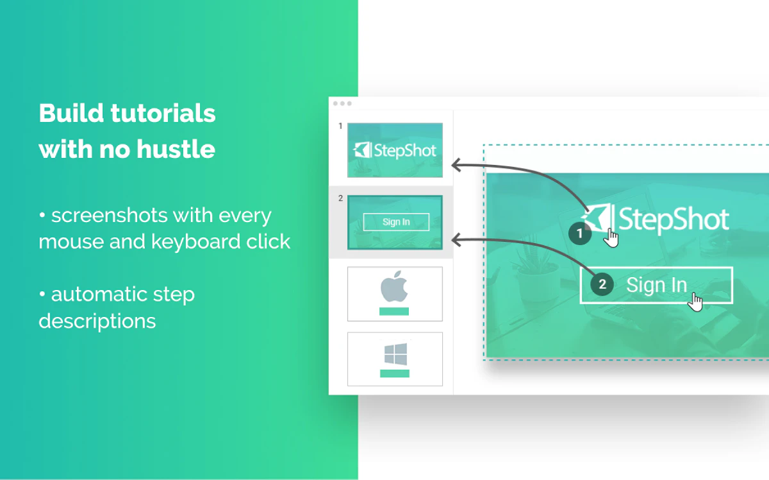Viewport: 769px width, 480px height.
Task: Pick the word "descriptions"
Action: (97, 320)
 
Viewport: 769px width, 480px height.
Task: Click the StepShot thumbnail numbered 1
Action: (395, 150)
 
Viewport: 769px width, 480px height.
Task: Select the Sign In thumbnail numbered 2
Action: (395, 222)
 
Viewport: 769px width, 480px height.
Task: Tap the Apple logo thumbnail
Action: (395, 293)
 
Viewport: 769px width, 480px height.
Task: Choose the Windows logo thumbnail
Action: (395, 359)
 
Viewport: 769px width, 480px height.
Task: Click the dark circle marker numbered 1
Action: (580, 234)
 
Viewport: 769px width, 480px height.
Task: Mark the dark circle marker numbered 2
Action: (602, 285)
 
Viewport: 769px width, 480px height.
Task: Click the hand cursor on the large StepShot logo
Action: (612, 238)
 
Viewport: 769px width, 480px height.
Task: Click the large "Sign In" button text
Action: (656, 285)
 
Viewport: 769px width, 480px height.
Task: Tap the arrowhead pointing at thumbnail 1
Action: (456, 165)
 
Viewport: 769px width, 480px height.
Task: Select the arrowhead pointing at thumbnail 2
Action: (456, 240)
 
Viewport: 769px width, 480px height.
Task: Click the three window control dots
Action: (342, 103)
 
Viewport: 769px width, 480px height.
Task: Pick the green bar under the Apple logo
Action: (394, 311)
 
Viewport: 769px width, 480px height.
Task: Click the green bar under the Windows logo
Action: (394, 373)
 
